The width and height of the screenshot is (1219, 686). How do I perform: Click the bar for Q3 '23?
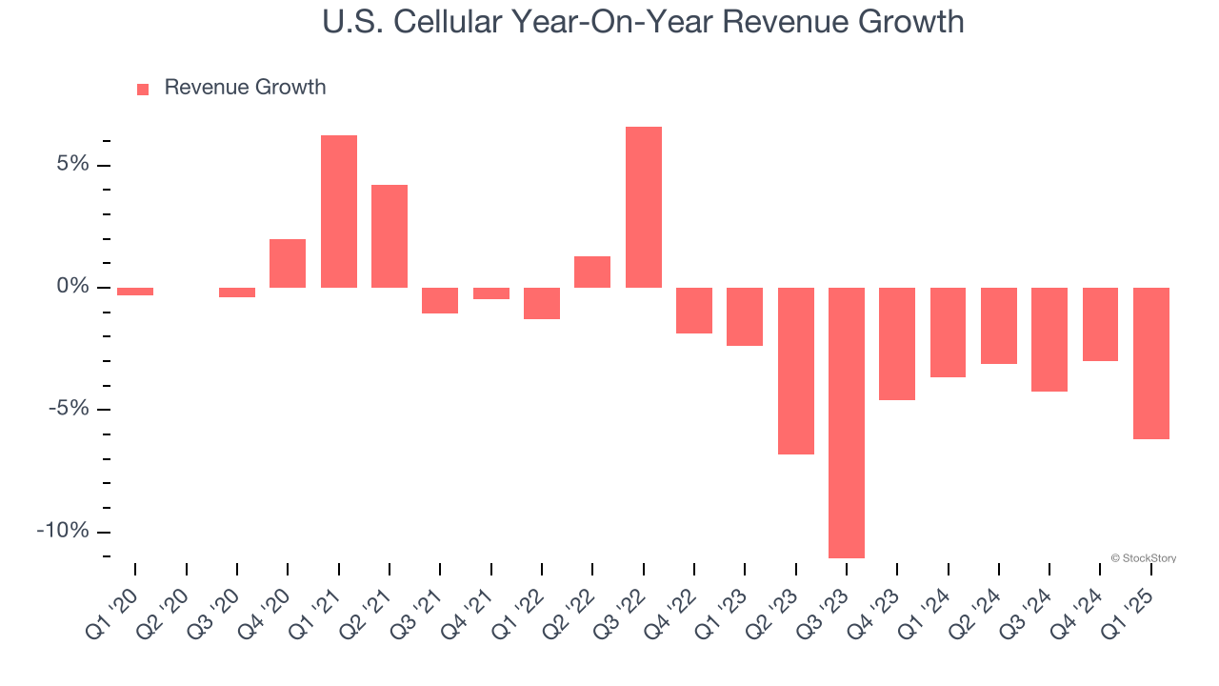tap(846, 422)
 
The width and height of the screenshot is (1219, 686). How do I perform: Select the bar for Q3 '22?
tap(643, 207)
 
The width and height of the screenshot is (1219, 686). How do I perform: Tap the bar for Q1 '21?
tap(338, 212)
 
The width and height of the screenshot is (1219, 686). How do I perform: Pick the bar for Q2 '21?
tap(390, 235)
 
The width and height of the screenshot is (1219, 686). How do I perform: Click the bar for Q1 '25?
tap(1150, 363)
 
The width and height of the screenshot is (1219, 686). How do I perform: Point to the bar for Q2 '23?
tap(795, 371)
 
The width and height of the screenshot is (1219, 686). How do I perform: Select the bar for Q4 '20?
tap(288, 263)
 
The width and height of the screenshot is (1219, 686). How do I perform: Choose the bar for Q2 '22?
tap(592, 272)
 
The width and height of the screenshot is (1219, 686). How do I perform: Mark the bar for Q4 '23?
tap(896, 343)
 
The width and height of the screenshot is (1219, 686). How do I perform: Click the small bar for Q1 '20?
tap(135, 292)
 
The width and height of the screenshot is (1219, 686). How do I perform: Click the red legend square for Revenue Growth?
tap(143, 89)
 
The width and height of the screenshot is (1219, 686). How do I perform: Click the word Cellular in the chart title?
tap(459, 21)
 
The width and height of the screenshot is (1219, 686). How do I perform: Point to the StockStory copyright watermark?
tap(1143, 558)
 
